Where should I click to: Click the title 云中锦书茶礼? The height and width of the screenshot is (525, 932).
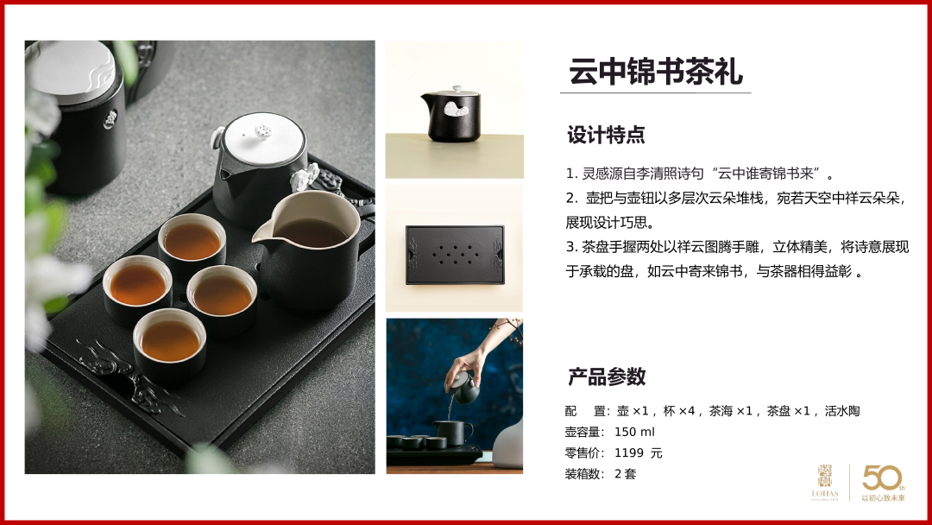(x=656, y=72)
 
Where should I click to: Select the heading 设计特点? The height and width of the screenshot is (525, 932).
(x=606, y=135)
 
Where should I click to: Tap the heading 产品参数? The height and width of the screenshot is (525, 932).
(x=607, y=376)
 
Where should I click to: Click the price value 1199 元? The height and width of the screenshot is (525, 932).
(x=639, y=453)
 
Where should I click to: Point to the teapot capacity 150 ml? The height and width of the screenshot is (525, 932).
(x=634, y=432)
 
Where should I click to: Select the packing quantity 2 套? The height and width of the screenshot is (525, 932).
(x=626, y=474)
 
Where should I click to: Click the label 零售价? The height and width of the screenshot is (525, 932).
(x=584, y=453)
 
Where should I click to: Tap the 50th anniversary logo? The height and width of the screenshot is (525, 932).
(x=884, y=483)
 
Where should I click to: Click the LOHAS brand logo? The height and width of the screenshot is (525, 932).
(x=825, y=483)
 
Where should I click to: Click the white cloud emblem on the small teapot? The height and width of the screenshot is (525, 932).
(x=456, y=109)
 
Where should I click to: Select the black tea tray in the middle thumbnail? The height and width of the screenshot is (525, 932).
(x=455, y=255)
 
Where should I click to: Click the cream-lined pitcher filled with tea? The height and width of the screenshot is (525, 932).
(x=311, y=248)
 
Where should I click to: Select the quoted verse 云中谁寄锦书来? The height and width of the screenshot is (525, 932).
(x=765, y=174)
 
